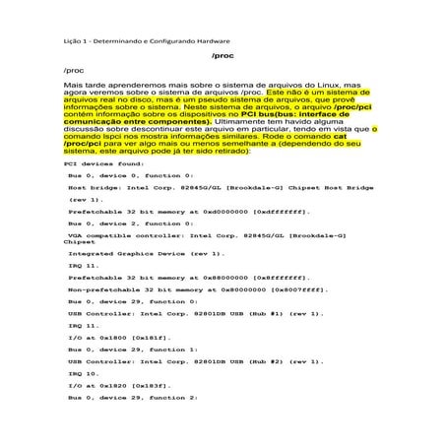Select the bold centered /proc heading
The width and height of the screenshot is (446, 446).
pos(223,56)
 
